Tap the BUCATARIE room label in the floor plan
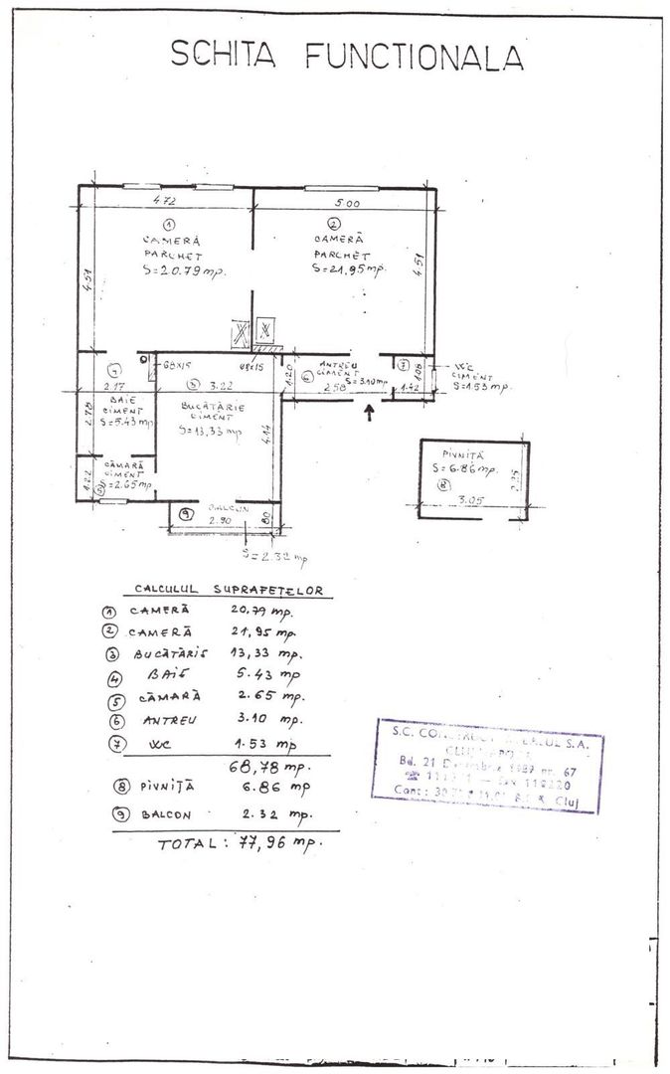coord(213,407)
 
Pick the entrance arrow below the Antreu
coord(371,412)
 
